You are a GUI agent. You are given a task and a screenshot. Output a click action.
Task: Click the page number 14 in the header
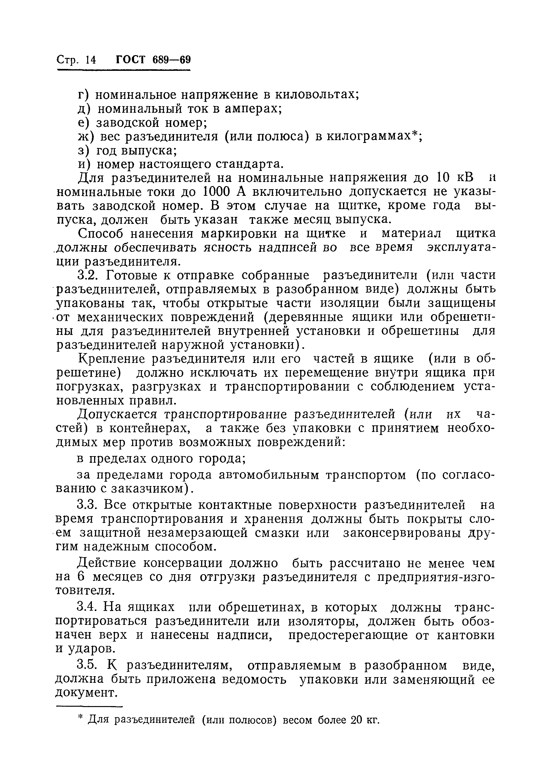[x=91, y=60]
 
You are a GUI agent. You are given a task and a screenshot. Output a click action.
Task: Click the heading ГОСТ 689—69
[x=153, y=60]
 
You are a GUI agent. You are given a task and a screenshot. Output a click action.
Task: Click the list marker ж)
[x=85, y=136]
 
